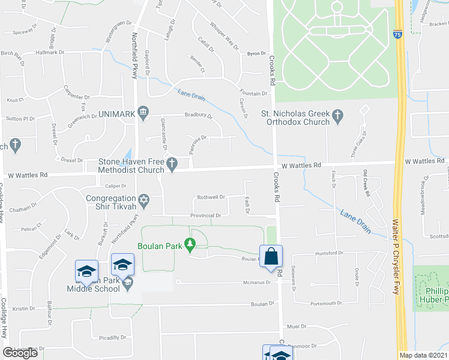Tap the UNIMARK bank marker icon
143,112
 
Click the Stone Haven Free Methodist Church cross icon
172,163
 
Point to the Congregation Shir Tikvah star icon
143,199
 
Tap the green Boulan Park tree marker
190,244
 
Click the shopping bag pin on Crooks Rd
271,256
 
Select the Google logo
20,353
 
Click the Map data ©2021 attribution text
423,355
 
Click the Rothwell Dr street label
211,197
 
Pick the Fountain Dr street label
253,94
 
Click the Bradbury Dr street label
199,116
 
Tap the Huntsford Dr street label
327,253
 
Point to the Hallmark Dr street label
50,53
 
